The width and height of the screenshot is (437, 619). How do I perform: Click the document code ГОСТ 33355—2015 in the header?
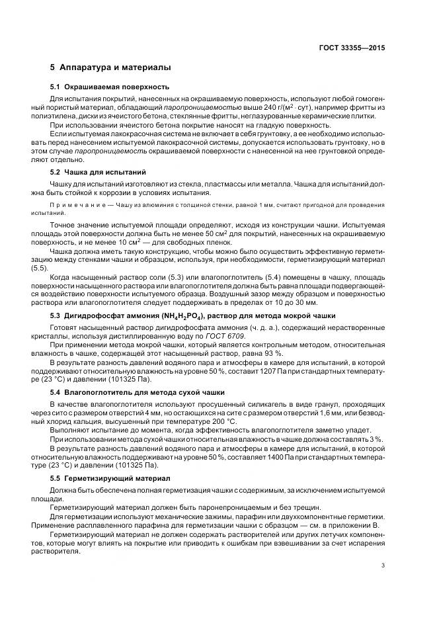(353, 48)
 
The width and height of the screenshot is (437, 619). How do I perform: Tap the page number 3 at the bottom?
(383, 565)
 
